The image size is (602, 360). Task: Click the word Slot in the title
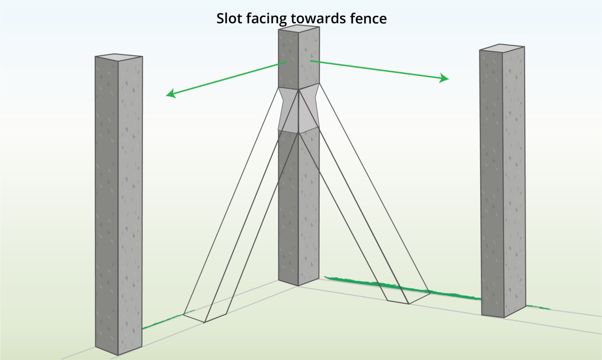(229, 18)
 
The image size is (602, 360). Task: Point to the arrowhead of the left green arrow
(170, 94)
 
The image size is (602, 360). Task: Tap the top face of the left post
(118, 58)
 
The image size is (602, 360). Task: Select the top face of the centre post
(299, 29)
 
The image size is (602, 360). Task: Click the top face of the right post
(502, 48)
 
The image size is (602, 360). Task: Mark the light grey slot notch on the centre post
(299, 110)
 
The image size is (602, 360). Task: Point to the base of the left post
(118, 350)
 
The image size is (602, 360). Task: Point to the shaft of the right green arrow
(376, 69)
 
